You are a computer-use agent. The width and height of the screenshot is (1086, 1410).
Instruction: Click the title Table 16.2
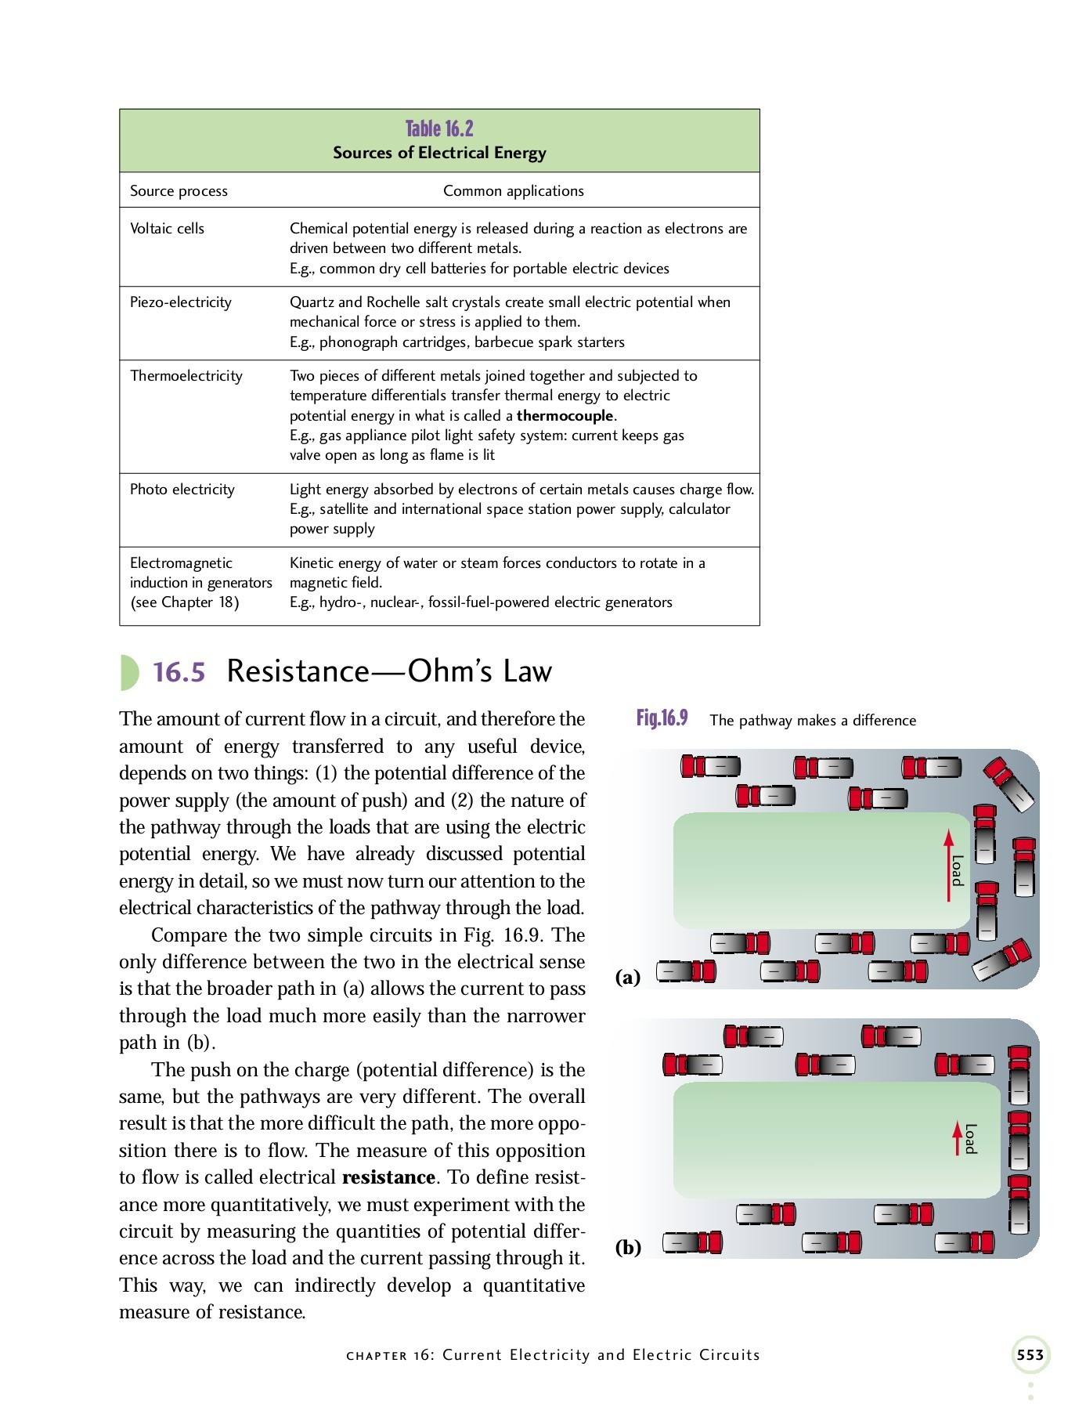pos(439,128)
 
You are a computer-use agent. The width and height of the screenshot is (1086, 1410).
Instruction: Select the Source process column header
pos(179,191)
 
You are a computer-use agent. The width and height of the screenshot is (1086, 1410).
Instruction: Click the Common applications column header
pos(513,191)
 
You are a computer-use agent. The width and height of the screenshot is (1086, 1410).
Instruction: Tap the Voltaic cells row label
pos(167,229)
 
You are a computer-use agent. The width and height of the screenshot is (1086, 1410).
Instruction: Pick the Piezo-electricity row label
pos(180,302)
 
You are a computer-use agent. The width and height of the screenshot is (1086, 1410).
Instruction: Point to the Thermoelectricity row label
pos(186,376)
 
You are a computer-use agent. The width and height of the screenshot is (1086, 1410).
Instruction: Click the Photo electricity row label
pos(182,490)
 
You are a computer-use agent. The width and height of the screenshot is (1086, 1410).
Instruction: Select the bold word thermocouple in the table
pos(565,416)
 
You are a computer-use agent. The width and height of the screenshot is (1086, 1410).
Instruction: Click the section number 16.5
pos(179,672)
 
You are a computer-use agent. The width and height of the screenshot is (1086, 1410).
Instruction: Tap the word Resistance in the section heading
pos(298,672)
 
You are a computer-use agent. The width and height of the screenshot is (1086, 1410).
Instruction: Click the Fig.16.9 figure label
pos(662,718)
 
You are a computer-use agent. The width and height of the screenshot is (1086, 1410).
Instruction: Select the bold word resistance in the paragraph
pos(388,1177)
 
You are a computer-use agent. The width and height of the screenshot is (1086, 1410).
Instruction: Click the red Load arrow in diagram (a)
pos(948,866)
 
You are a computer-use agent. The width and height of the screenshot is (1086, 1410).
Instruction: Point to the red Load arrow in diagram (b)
pos(957,1138)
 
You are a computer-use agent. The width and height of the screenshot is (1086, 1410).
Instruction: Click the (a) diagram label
pos(627,977)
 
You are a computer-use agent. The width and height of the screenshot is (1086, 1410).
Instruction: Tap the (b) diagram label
pos(628,1247)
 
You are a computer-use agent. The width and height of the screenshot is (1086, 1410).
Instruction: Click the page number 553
pos(1030,1355)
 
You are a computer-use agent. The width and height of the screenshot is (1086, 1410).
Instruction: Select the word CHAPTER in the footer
pos(377,1356)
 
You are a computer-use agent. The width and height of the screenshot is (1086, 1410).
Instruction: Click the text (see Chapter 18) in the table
pos(185,602)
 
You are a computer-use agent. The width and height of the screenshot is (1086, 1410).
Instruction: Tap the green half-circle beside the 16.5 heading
pos(128,672)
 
